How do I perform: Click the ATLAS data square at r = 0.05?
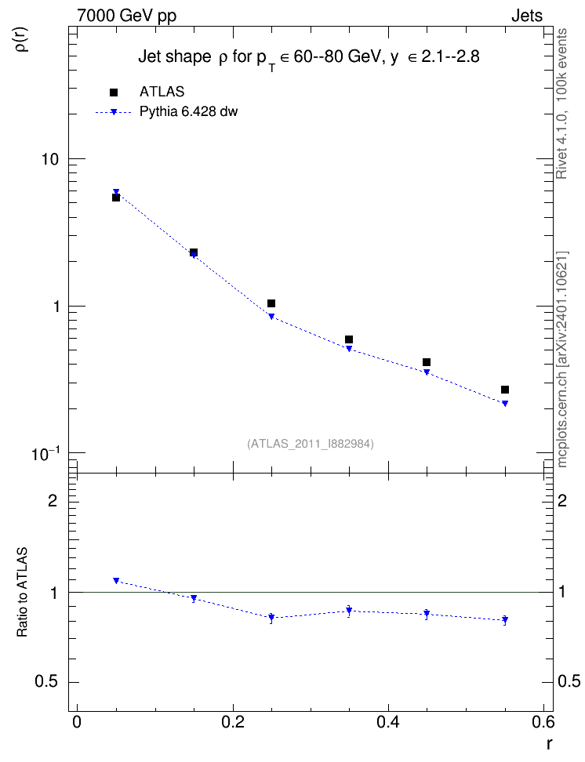coord(116,198)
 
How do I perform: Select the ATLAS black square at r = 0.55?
coord(505,390)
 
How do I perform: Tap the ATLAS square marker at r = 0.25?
coord(271,303)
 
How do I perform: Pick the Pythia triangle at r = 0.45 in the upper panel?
coord(427,372)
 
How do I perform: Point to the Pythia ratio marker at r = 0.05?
coord(116,580)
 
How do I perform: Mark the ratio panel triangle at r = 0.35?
coord(349,611)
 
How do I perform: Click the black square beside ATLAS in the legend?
coord(114,93)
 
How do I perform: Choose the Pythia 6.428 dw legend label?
coord(189,112)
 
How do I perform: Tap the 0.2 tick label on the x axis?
coord(233,722)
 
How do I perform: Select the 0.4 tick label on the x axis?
coord(388,722)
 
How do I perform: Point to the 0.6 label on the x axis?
coord(543,722)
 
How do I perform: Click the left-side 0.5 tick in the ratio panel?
coord(47,682)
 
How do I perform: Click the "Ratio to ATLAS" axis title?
coord(22,593)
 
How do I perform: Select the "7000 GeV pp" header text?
coord(126,16)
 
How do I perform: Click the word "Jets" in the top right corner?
coord(527,16)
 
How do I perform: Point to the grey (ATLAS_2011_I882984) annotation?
coord(311,444)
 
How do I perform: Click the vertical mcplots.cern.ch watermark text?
coord(562,359)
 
